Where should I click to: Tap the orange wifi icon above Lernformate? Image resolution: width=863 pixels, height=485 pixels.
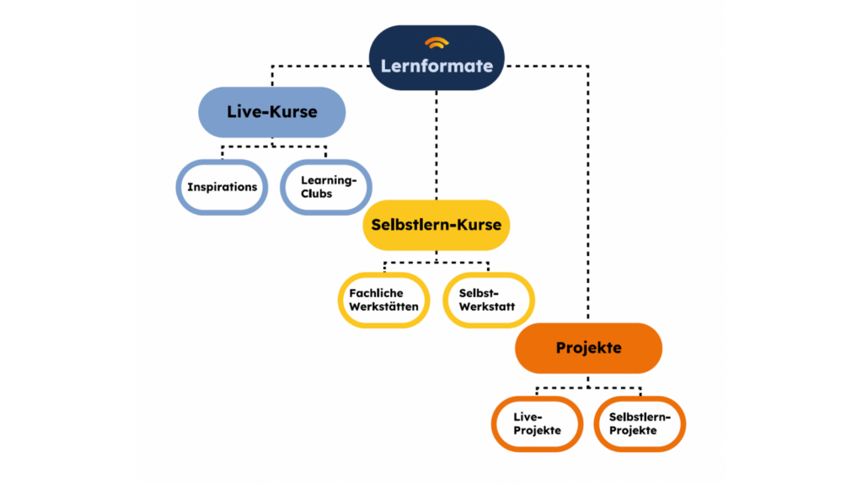tap(437, 42)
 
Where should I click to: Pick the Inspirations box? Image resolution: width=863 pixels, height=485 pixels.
tap(222, 186)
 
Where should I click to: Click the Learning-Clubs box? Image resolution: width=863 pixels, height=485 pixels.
tap(325, 186)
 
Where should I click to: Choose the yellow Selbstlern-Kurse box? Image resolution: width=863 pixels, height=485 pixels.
tap(437, 225)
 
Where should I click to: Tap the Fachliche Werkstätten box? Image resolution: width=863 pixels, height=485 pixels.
tap(383, 300)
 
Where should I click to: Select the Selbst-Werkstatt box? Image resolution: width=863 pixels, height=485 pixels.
tap(488, 300)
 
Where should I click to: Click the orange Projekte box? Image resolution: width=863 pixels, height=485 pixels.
tap(588, 348)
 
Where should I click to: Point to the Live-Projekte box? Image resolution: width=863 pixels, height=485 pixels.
tap(537, 424)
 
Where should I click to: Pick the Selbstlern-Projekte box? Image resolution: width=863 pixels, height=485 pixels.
tap(640, 424)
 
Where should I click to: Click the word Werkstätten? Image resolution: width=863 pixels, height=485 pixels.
tap(383, 307)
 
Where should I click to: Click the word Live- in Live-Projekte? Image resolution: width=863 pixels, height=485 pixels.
tap(528, 416)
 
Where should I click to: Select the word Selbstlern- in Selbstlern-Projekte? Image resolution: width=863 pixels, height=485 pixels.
tap(640, 416)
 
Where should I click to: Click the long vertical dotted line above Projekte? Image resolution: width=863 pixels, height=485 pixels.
tap(588, 194)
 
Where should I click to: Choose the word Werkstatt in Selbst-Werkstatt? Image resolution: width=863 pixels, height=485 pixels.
tap(488, 307)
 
